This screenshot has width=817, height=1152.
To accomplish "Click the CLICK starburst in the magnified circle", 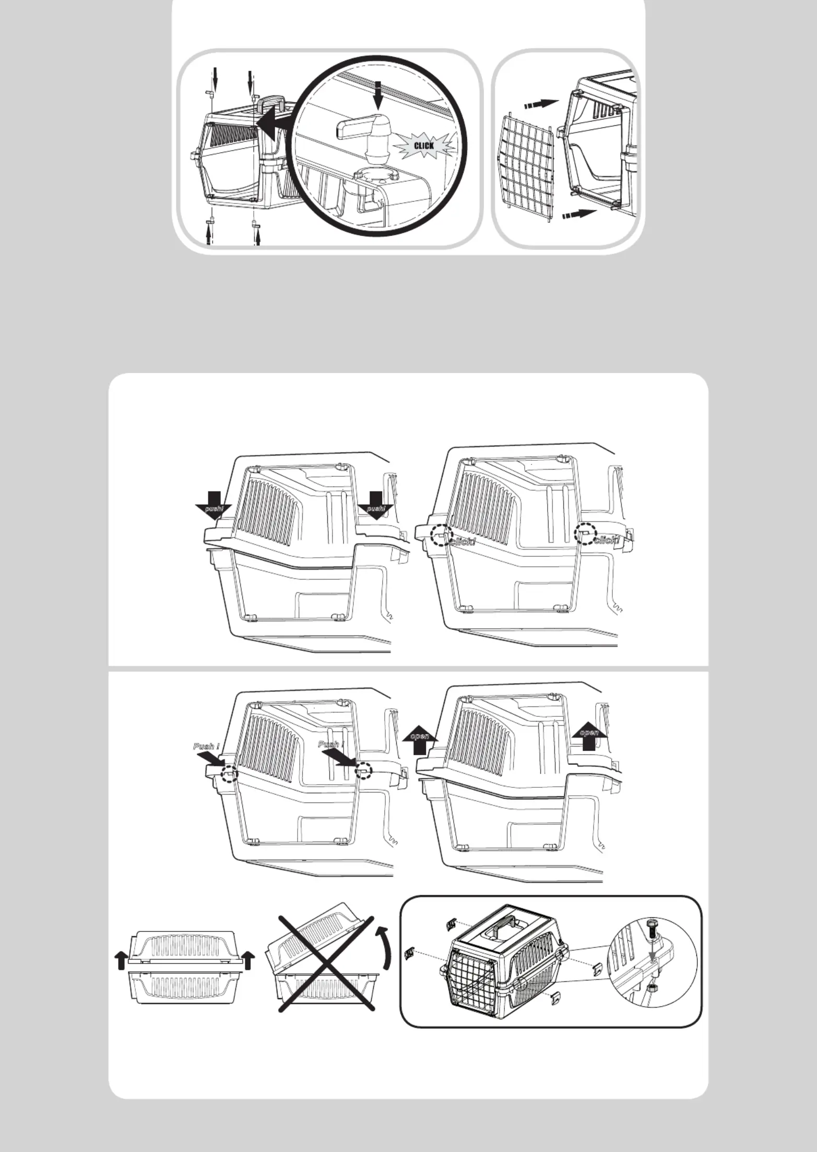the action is [x=423, y=145].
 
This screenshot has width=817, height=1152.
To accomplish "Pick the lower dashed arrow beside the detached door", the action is [x=579, y=213].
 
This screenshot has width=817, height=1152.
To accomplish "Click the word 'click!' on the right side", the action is [x=607, y=539].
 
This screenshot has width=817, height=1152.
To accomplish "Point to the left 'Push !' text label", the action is [x=207, y=746].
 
